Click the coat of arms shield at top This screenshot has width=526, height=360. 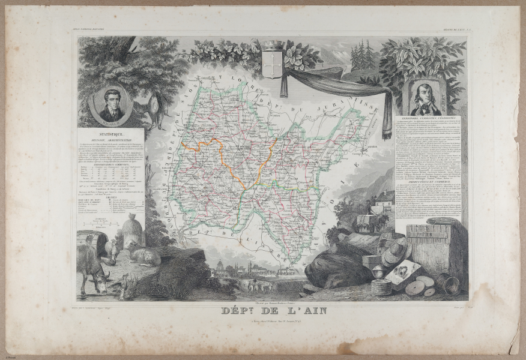[272, 62]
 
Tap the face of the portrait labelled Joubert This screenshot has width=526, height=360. [426, 93]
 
